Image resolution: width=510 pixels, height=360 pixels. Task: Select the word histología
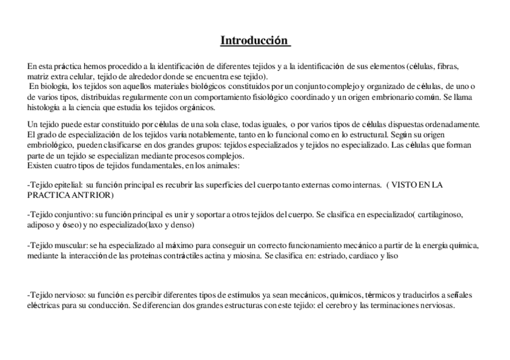click(x=44, y=108)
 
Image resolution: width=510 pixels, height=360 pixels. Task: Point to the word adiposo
click(x=41, y=225)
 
